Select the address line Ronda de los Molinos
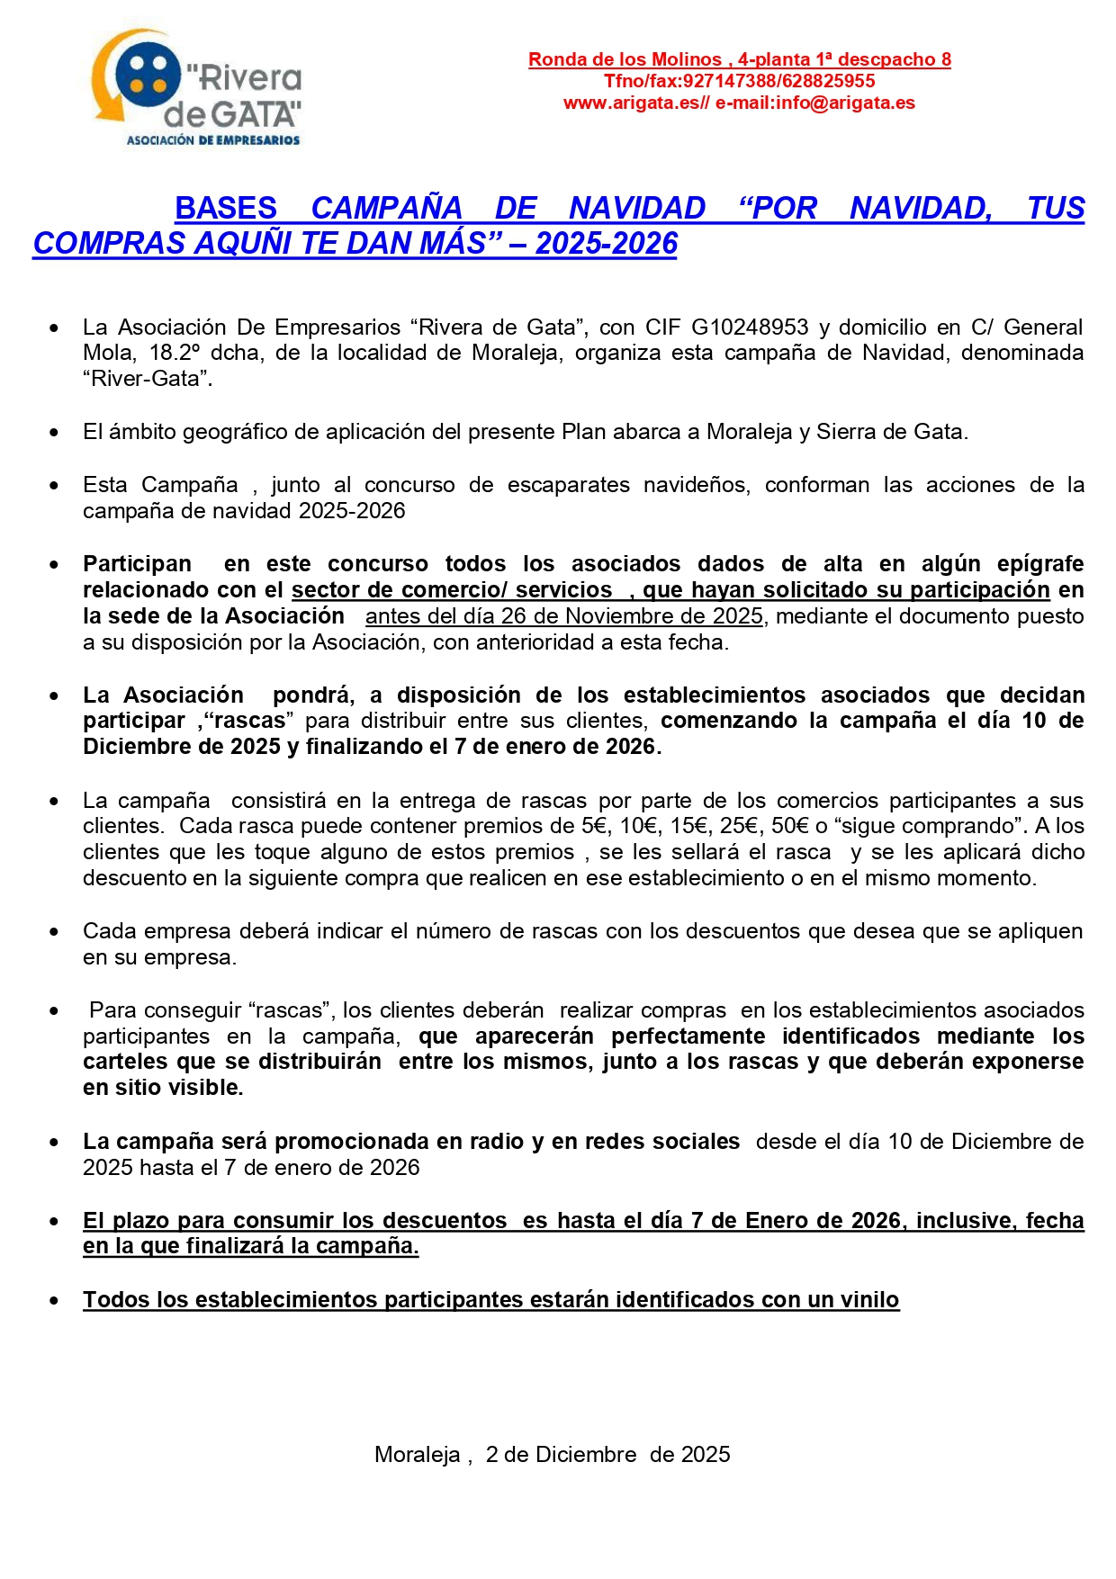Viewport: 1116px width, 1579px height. tap(739, 59)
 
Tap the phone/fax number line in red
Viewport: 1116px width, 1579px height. tap(739, 81)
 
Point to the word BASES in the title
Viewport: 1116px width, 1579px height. tap(226, 208)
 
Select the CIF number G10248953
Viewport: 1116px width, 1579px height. tap(750, 327)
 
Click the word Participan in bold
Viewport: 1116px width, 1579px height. tap(137, 564)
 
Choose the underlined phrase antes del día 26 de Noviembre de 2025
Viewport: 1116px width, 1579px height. tap(564, 616)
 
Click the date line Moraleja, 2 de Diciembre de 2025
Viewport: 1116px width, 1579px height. tap(552, 1455)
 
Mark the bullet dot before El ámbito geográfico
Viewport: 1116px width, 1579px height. tap(55, 433)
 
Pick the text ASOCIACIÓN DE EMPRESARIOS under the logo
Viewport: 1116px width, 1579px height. tap(213, 140)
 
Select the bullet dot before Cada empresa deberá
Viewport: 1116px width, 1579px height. tap(55, 932)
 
